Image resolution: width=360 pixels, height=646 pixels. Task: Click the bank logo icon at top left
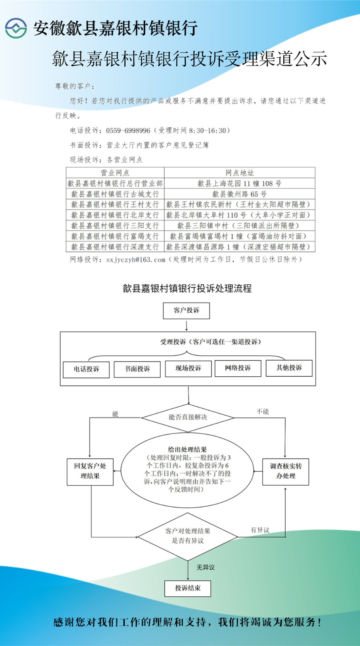pyautogui.click(x=16, y=28)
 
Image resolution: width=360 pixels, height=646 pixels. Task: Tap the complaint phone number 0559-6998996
pyautogui.click(x=128, y=130)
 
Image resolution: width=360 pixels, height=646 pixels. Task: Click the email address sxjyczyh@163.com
pyautogui.click(x=136, y=260)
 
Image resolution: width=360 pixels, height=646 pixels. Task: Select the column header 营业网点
pyautogui.click(x=115, y=173)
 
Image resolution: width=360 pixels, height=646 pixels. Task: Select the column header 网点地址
pyautogui.click(x=239, y=173)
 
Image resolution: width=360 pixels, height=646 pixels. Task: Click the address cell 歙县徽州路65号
pyautogui.click(x=239, y=194)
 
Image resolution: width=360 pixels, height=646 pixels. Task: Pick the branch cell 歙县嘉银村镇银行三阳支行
pyautogui.click(x=115, y=226)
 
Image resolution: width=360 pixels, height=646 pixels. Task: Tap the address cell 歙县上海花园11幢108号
pyautogui.click(x=239, y=184)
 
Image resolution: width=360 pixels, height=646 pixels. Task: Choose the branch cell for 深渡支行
pyautogui.click(x=115, y=247)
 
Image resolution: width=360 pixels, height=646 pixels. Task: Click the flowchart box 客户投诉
pyautogui.click(x=186, y=310)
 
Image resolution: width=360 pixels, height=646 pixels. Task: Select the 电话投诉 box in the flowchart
pyautogui.click(x=86, y=369)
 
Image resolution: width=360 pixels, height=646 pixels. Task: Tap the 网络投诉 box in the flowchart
pyautogui.click(x=238, y=368)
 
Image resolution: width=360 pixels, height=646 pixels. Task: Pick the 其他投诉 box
pyautogui.click(x=289, y=368)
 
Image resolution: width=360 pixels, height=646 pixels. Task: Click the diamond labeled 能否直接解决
pyautogui.click(x=188, y=417)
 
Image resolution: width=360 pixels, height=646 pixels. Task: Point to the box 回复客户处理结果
pyautogui.click(x=90, y=471)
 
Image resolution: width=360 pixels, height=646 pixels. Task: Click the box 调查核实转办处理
pyautogui.click(x=286, y=471)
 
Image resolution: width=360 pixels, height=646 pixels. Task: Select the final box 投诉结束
pyautogui.click(x=188, y=588)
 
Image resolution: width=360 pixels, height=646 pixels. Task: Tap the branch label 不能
pyautogui.click(x=263, y=411)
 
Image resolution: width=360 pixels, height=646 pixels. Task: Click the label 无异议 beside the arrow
pyautogui.click(x=205, y=567)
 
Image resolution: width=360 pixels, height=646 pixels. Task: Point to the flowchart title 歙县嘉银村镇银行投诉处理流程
pyautogui.click(x=187, y=288)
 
